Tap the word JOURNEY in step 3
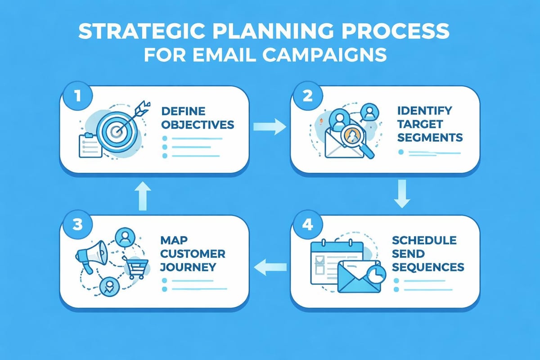188,266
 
